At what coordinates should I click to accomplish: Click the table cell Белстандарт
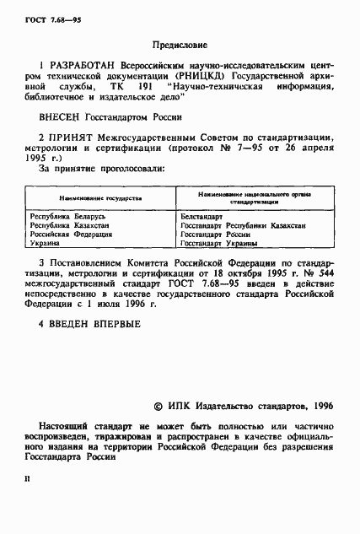[201, 217]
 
